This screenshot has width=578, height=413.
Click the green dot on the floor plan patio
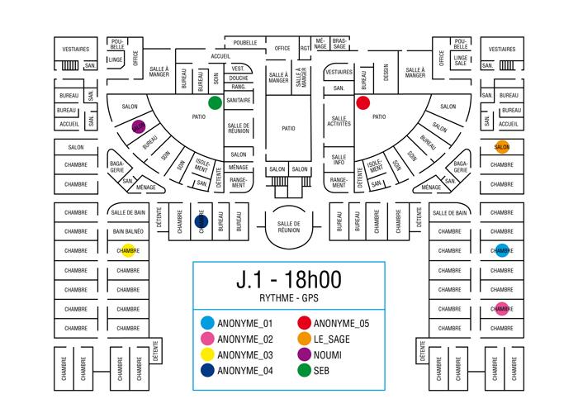coord(215,103)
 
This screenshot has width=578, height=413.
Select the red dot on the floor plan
coord(362,103)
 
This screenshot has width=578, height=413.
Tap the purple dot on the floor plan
coord(139,127)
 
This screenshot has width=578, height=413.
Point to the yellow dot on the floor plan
coord(128,250)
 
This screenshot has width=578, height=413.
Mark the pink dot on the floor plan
coord(501,309)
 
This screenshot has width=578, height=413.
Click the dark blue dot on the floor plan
coord(200,221)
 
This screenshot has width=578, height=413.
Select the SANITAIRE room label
coord(239,100)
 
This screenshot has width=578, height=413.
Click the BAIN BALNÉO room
coord(128,232)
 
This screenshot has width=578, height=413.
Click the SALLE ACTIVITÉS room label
coord(339,121)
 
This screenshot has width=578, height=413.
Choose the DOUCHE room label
coord(239,78)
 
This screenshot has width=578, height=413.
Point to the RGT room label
coord(306,48)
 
